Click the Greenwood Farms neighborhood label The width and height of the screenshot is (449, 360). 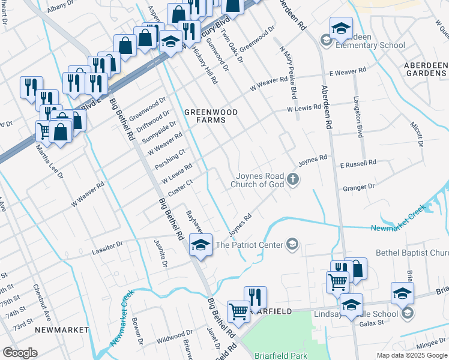tap(211, 116)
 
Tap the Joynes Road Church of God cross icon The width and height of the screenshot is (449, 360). tap(293, 179)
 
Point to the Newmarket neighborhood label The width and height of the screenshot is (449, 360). tap(62, 330)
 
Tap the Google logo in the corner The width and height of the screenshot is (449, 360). tap(20, 353)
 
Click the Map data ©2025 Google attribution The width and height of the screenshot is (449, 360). tap(412, 355)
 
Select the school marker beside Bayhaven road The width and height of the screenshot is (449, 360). tap(200, 244)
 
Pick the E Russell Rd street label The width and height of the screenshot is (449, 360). tap(358, 163)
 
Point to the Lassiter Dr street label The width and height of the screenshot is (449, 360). tap(107, 245)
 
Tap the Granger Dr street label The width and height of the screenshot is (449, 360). tap(358, 187)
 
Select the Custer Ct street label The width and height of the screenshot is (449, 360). tap(181, 187)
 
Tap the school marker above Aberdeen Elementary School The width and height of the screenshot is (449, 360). tap(341, 28)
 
